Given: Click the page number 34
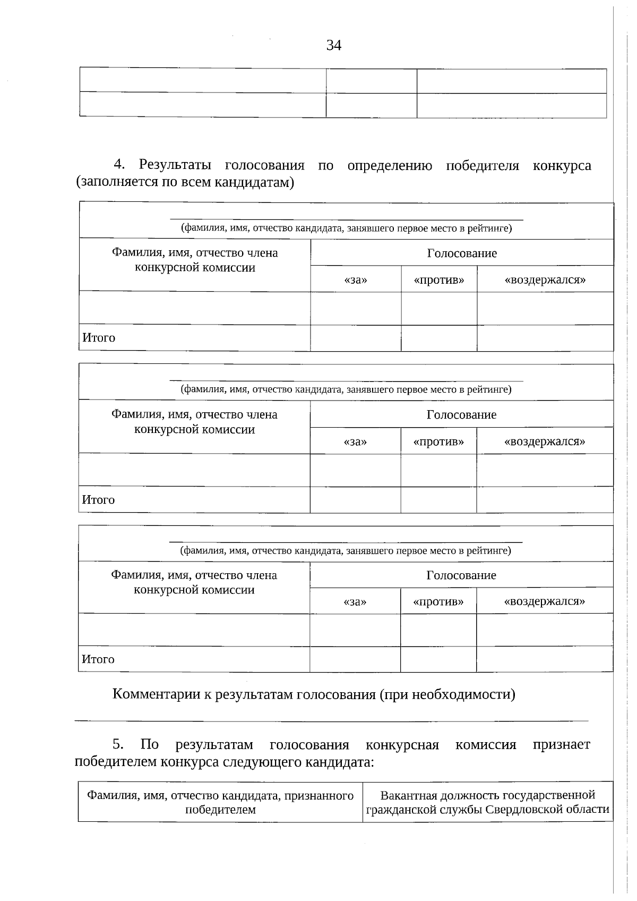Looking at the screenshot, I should pos(333,46).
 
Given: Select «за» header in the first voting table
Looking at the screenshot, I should pos(356,279).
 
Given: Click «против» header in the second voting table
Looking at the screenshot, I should pos(438,441).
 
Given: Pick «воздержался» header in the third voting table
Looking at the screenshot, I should pos(544,601).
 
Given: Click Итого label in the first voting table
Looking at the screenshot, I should pos(99,338).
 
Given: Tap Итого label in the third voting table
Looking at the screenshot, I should pos(98,659).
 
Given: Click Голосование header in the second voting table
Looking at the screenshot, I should pos(461,414).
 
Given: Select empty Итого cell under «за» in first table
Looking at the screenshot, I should pos(356,338).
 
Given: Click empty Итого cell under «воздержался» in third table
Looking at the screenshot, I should pos(544,659).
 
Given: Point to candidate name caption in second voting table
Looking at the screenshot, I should pos(346,389).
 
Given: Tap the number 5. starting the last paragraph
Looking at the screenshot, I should pos(118,744).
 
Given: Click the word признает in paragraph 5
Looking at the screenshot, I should pos(561,744).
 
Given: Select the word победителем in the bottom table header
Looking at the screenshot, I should pos(220,810).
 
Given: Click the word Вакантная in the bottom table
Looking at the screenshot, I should pos(406,795).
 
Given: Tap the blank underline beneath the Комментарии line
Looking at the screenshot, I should pos(332,720).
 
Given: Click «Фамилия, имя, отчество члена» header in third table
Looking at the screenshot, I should pos(194,575).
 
